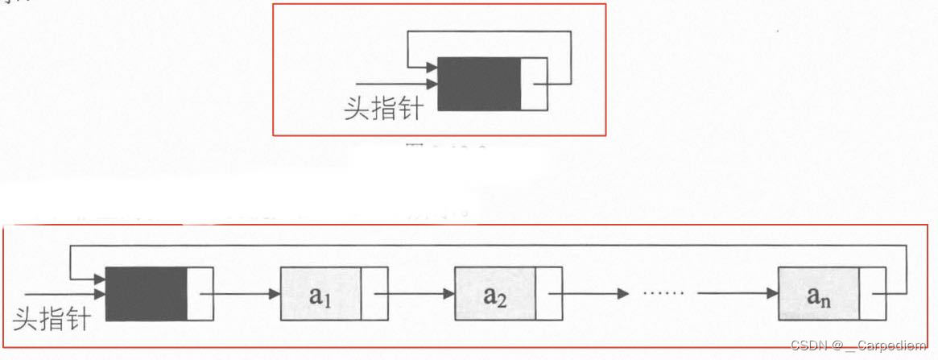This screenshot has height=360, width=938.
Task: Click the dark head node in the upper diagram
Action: coord(479,84)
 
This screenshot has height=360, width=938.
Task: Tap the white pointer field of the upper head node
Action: coord(532,84)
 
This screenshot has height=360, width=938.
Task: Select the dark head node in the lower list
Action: coord(147,292)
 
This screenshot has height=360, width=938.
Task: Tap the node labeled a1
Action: coord(321,294)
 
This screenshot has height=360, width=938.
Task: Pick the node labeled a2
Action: coord(495,294)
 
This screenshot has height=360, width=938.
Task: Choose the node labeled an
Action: coord(819,294)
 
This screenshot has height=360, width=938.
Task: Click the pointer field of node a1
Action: coord(374,294)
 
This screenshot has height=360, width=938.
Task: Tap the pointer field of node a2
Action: coord(548,294)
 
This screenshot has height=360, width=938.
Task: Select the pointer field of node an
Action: coord(872,294)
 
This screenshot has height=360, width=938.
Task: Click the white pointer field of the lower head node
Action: coord(200,292)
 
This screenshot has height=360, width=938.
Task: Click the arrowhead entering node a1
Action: coord(275,294)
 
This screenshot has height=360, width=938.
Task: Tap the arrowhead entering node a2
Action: coord(448,294)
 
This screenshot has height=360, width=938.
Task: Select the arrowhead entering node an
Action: coord(772,294)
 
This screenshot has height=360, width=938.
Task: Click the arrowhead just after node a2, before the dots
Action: coord(622,294)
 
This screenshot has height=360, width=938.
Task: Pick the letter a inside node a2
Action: coord(490,294)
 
